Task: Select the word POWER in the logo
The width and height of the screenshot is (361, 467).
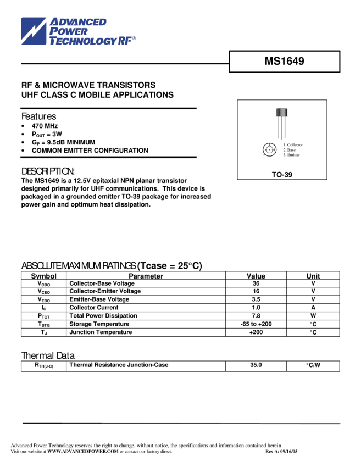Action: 69,31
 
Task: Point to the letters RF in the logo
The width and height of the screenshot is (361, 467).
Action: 125,41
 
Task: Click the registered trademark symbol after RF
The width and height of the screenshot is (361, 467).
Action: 134,38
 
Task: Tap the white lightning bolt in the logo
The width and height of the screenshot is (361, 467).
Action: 34,31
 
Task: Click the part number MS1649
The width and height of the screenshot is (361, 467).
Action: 284,62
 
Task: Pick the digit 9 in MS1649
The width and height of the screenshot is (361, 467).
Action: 301,62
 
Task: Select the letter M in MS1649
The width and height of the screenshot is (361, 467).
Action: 269,62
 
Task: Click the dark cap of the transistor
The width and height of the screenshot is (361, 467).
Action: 282,113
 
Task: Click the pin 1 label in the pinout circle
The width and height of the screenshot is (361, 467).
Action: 265,149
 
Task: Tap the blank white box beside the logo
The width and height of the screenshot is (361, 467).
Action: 180,40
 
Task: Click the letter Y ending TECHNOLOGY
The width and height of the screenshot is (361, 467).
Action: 114,41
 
